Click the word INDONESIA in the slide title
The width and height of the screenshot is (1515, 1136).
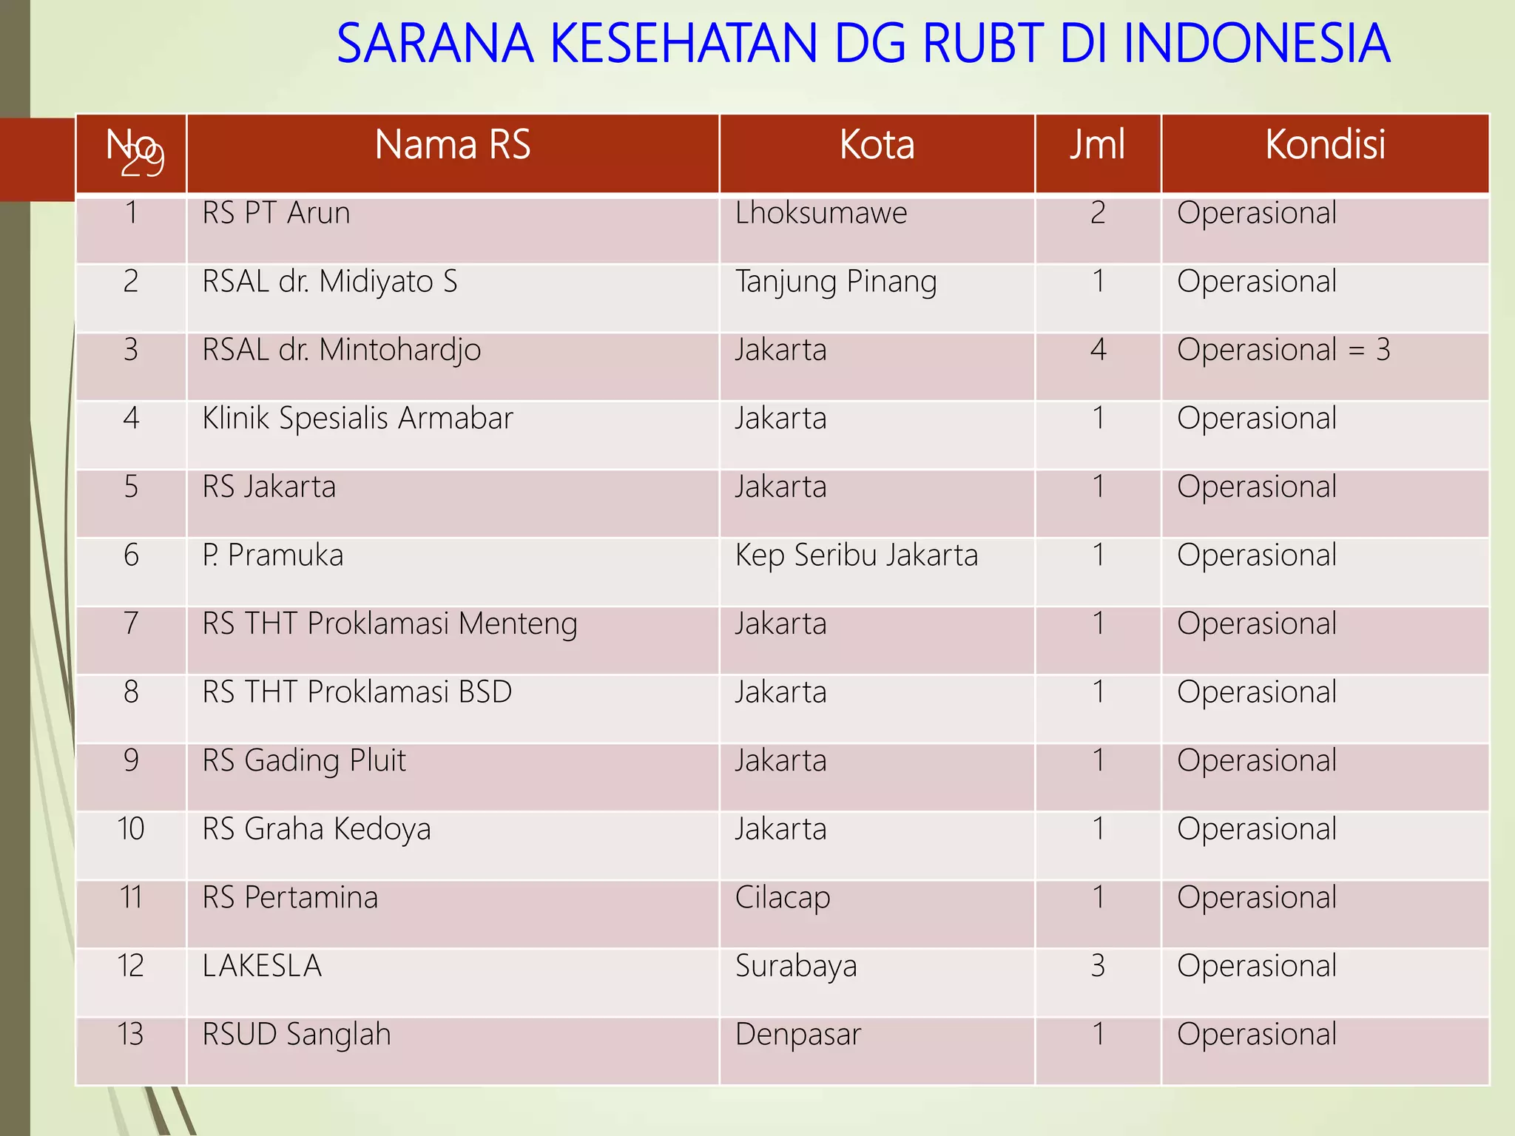pyautogui.click(x=1256, y=44)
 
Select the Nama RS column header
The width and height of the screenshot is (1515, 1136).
pyautogui.click(x=452, y=145)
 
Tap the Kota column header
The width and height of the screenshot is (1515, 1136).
pyautogui.click(x=877, y=145)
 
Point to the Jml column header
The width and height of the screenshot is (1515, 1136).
pyautogui.click(x=1097, y=145)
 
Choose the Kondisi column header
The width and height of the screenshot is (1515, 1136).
pyautogui.click(x=1325, y=145)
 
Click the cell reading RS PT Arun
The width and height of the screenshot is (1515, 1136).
pyautogui.click(x=276, y=214)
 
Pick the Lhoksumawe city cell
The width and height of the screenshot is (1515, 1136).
pyautogui.click(x=820, y=214)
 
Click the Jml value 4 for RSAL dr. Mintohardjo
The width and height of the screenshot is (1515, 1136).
pyautogui.click(x=1098, y=350)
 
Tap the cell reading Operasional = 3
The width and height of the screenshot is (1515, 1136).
pyautogui.click(x=1283, y=350)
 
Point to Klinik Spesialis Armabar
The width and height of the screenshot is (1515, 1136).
pyautogui.click(x=357, y=419)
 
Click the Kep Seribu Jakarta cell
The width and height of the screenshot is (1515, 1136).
pyautogui.click(x=856, y=555)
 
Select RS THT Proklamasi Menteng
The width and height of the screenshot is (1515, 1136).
pyautogui.click(x=389, y=624)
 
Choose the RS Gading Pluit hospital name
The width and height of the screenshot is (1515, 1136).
pyautogui.click(x=304, y=761)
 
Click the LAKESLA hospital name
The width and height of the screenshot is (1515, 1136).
pyautogui.click(x=262, y=967)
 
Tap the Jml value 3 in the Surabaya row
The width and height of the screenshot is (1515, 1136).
pyautogui.click(x=1098, y=967)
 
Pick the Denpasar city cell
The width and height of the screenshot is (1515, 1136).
pyautogui.click(x=798, y=1035)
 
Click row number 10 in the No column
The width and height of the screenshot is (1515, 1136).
pyautogui.click(x=131, y=830)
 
